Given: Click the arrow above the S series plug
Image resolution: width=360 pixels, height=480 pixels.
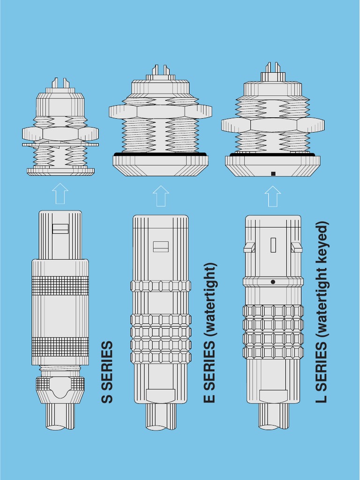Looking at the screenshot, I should [x=60, y=193].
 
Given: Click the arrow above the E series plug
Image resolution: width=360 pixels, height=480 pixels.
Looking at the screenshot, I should [x=161, y=195].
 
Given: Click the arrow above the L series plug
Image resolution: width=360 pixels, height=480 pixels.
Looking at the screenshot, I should [x=273, y=196].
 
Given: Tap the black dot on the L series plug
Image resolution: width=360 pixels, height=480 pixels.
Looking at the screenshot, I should [x=273, y=282].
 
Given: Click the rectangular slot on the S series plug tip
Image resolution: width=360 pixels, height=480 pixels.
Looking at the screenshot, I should [x=60, y=229].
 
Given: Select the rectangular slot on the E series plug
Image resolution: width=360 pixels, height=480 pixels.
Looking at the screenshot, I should [x=161, y=247].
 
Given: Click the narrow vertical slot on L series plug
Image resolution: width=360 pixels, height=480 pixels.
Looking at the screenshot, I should [x=273, y=245].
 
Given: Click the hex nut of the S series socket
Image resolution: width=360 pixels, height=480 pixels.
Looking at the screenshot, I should [x=60, y=134].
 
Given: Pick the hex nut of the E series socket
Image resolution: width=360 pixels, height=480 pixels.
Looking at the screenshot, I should [x=160, y=112].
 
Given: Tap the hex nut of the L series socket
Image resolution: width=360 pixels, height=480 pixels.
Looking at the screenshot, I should [x=273, y=125].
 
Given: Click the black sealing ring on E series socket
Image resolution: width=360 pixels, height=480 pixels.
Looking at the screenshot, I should [x=160, y=154].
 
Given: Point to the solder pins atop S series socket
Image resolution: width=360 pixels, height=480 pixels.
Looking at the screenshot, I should [x=60, y=83].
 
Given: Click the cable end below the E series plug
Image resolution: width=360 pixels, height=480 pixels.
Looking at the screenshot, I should [x=161, y=417].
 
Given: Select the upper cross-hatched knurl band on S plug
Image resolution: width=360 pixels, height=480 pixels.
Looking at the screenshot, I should [x=60, y=285].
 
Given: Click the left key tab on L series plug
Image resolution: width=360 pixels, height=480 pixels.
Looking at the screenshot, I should [x=249, y=247].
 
